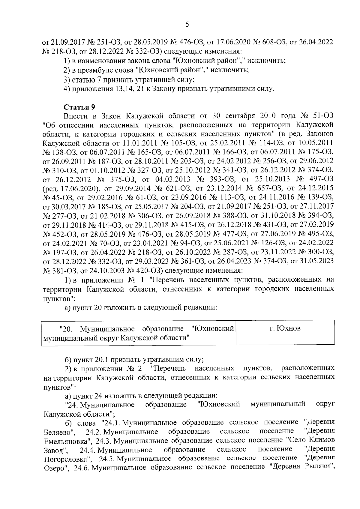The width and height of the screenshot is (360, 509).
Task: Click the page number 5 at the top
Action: [x=187, y=25]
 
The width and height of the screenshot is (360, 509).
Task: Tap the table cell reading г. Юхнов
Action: [x=285, y=328]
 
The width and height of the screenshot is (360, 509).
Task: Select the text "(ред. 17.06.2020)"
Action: [x=70, y=189]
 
